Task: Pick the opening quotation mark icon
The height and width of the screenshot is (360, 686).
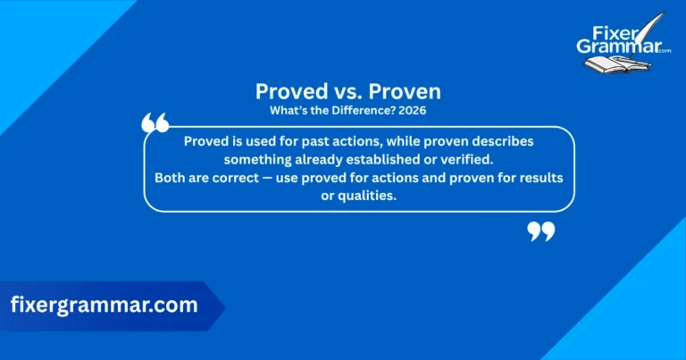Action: (155, 123)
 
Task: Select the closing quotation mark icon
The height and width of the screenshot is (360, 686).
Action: (541, 232)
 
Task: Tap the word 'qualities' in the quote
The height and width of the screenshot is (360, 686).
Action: (366, 195)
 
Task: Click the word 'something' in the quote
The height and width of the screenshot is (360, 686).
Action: (260, 159)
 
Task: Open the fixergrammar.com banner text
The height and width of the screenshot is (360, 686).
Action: (104, 305)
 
